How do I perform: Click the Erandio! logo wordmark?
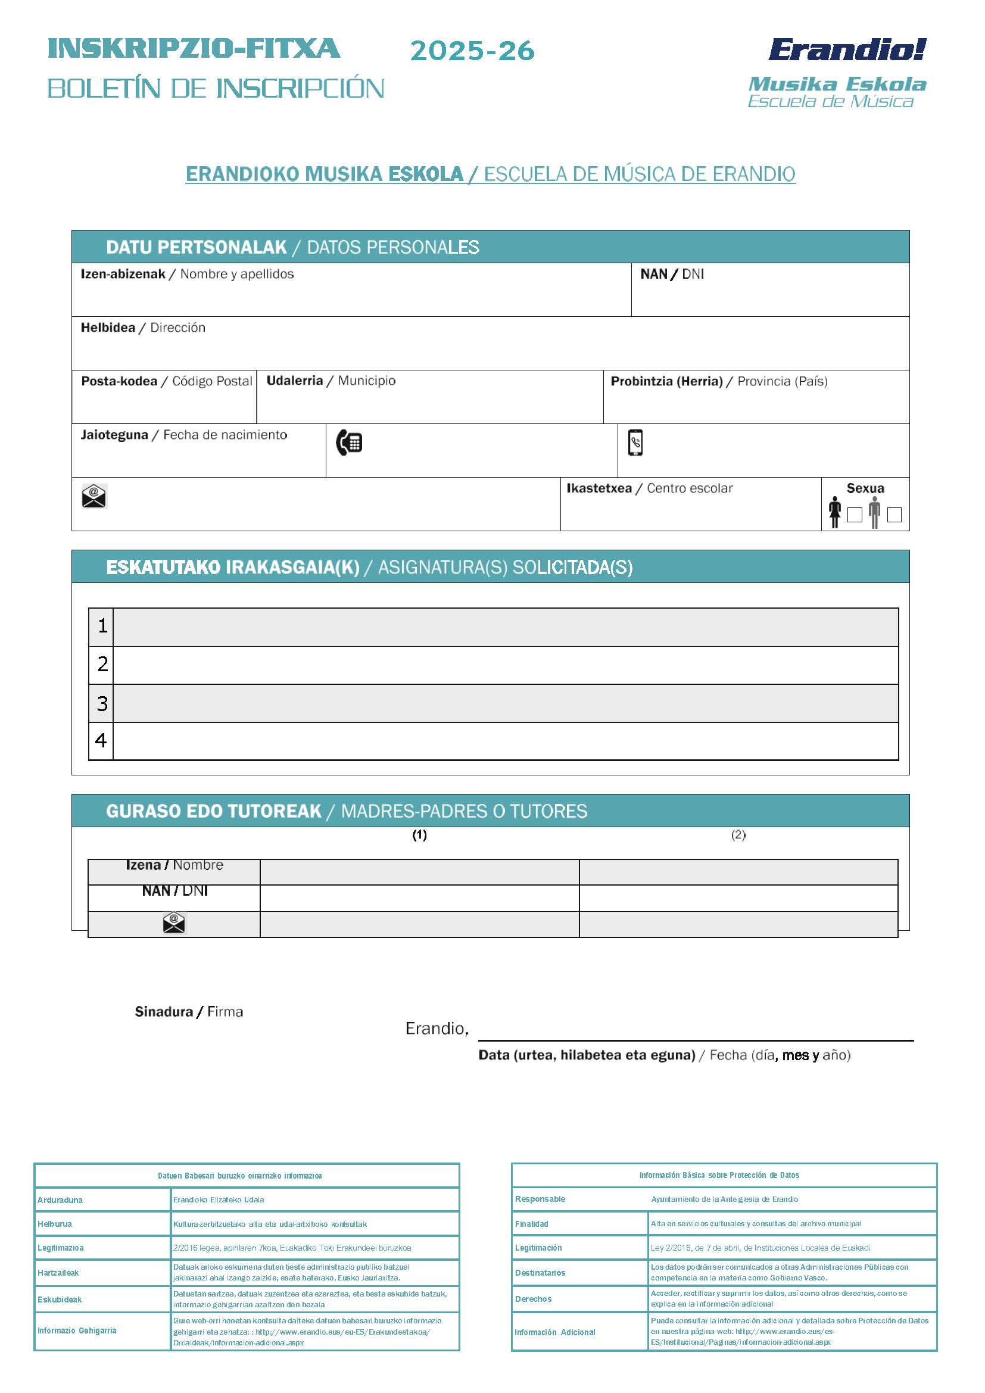tap(847, 50)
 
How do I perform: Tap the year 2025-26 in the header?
tap(472, 51)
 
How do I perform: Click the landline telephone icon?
tap(350, 442)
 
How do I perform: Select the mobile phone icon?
tap(635, 442)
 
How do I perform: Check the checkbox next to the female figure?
tap(855, 515)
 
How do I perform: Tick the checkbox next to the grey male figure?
tap(894, 515)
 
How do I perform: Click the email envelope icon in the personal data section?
tap(94, 496)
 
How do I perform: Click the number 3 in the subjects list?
tap(102, 703)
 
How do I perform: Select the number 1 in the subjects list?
tap(102, 625)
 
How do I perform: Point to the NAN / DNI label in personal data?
tap(672, 274)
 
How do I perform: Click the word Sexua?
tap(865, 488)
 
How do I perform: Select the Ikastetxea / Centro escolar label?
tap(650, 488)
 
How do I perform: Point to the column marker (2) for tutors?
tap(738, 835)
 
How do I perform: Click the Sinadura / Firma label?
tap(189, 1011)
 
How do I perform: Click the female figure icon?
tap(835, 512)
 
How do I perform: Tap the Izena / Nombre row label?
tap(174, 865)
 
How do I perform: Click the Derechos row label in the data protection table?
tap(533, 1299)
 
